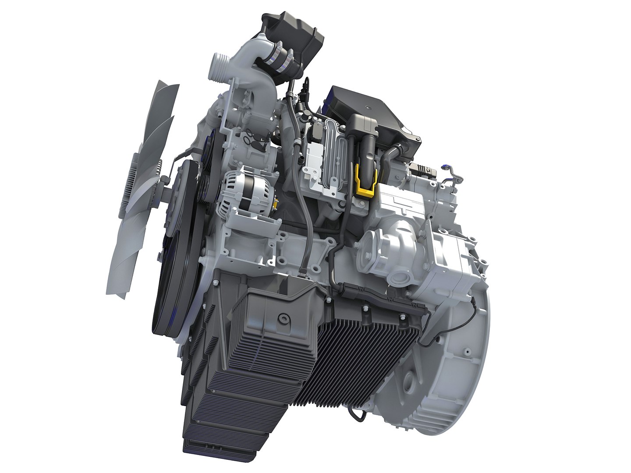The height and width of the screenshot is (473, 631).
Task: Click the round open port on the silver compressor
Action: (401, 279)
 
